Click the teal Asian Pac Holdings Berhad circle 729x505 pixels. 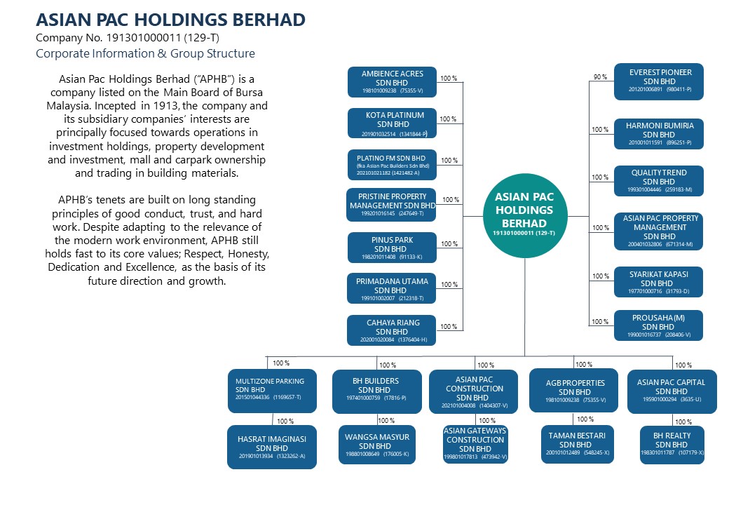click(x=524, y=216)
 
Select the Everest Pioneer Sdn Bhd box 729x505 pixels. click(x=659, y=82)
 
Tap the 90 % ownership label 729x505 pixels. click(x=600, y=76)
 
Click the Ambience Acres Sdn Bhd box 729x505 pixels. click(x=392, y=82)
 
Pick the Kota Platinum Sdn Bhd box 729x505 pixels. click(x=392, y=123)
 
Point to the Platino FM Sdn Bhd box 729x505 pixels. click(x=392, y=165)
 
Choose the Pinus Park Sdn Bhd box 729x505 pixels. click(x=392, y=248)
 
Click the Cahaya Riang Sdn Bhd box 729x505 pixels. click(x=392, y=330)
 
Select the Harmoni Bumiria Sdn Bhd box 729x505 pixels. click(x=659, y=134)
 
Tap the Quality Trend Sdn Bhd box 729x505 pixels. click(x=659, y=181)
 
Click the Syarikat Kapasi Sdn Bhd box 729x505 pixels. click(x=658, y=282)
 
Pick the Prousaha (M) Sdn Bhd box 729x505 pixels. click(x=658, y=325)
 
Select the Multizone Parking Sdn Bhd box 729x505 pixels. click(x=272, y=391)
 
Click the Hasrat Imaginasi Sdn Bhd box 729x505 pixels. click(x=272, y=447)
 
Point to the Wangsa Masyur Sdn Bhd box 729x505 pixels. click(x=377, y=445)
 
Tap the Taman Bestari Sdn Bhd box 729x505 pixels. click(x=578, y=444)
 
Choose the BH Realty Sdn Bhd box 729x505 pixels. click(x=672, y=445)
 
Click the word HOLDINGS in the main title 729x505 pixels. click(x=180, y=20)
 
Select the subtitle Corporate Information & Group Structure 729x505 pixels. click(x=146, y=53)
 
